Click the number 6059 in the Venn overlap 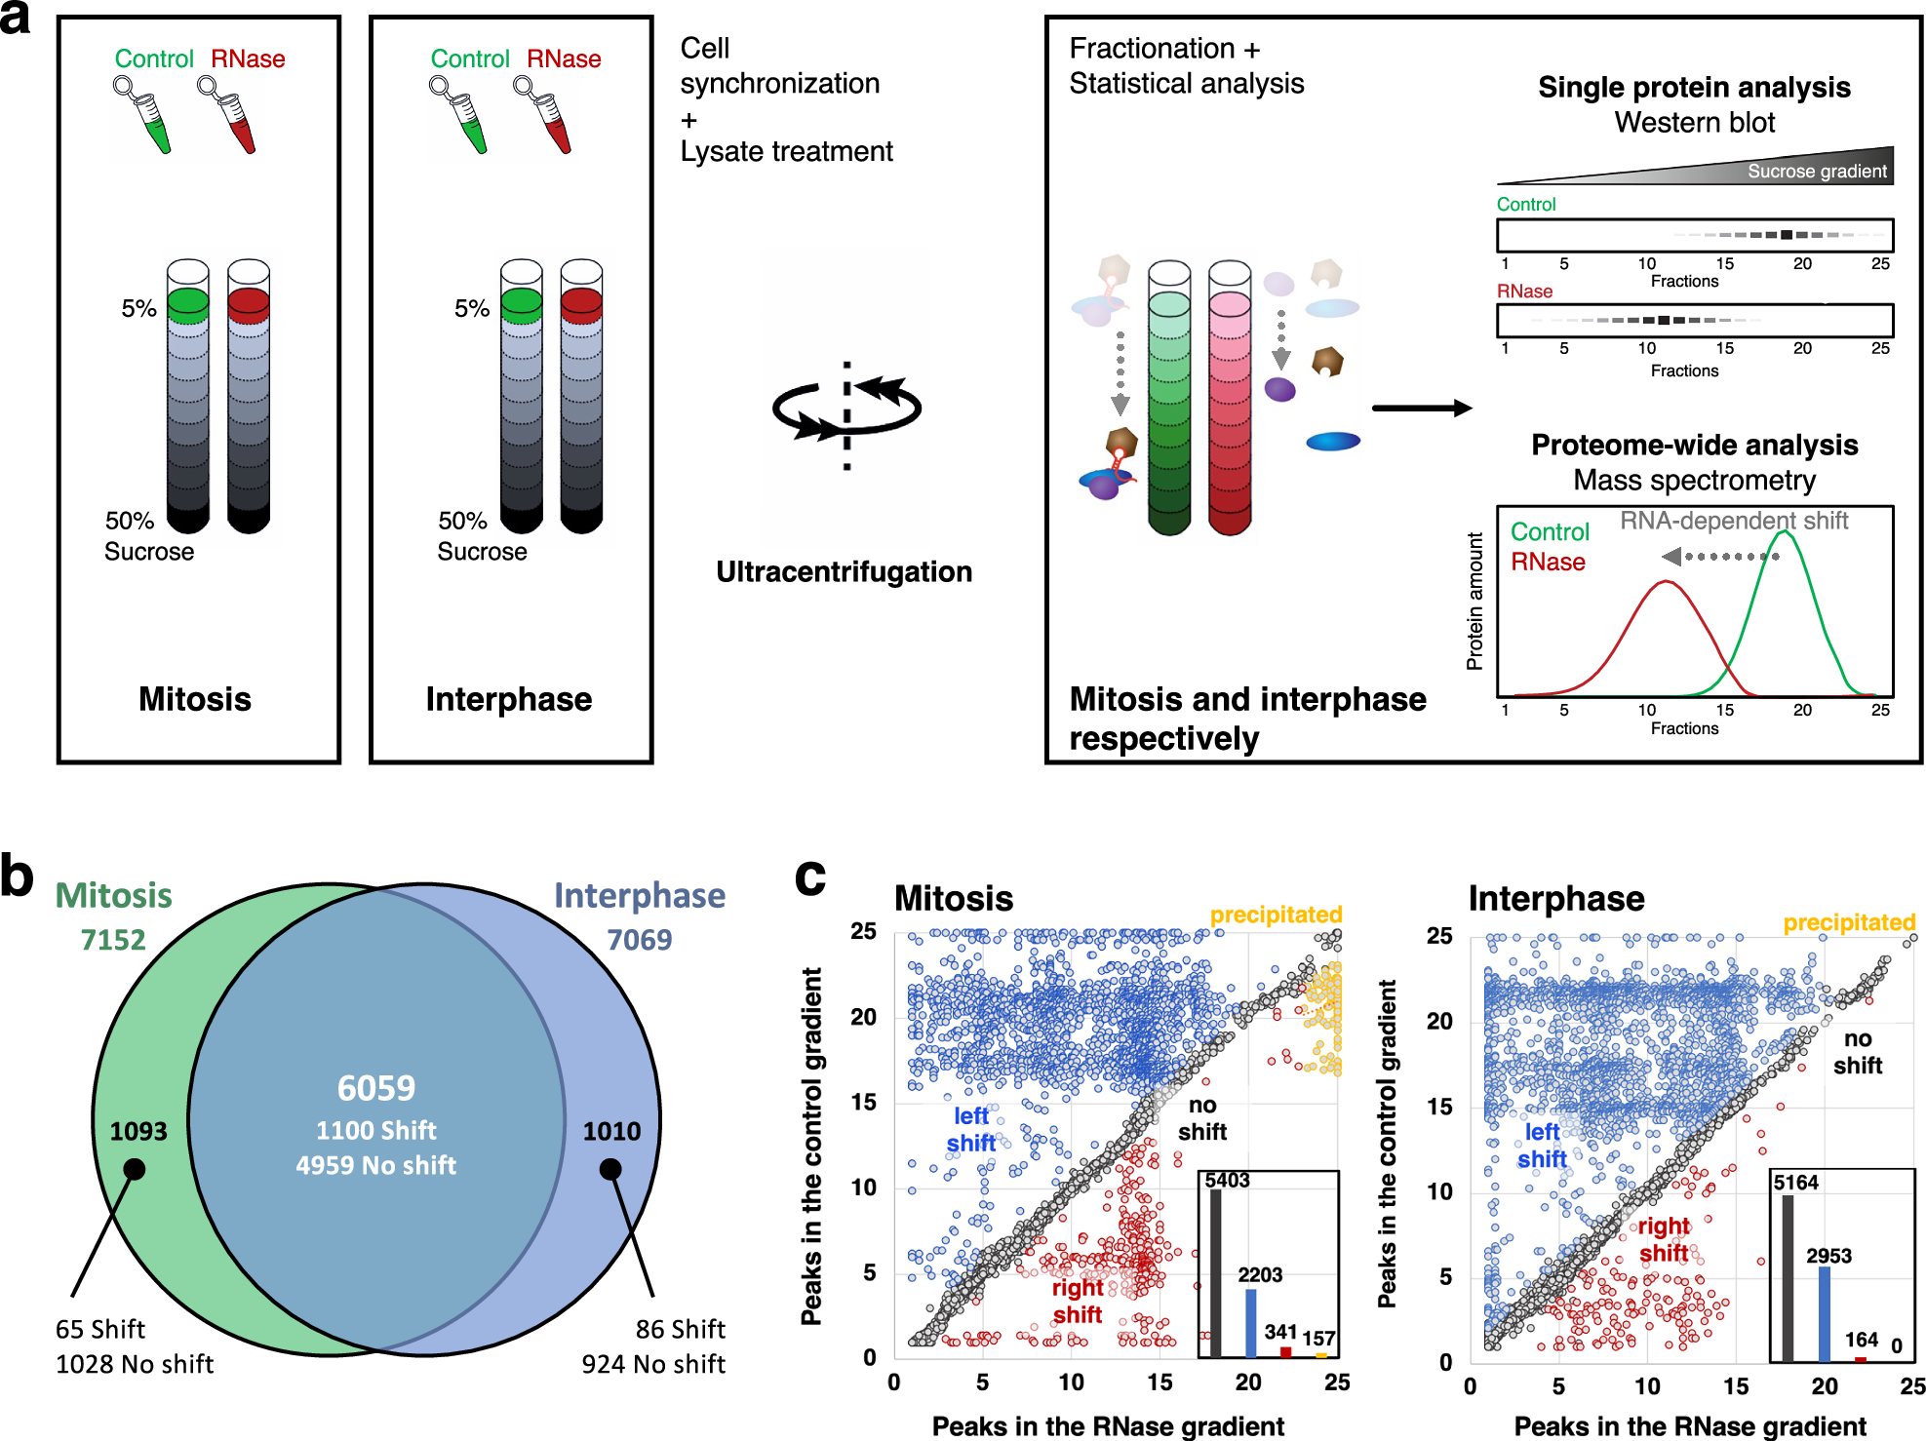tap(376, 1087)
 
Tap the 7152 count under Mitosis tap(113, 940)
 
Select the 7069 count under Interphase tap(640, 940)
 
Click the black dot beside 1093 tap(135, 1169)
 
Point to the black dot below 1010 tap(610, 1169)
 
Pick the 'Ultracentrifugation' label tap(844, 571)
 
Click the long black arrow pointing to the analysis tap(1421, 408)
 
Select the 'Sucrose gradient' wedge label tap(1816, 172)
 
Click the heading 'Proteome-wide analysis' tap(1694, 445)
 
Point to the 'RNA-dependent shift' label tap(1734, 521)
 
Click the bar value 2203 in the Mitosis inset tap(1260, 1274)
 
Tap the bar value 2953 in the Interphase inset tap(1828, 1256)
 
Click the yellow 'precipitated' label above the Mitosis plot tap(1276, 915)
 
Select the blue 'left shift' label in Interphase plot tap(1542, 1146)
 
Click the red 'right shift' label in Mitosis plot tap(1077, 1301)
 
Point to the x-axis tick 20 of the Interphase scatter tap(1825, 1385)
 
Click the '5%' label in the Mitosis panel tap(138, 309)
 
